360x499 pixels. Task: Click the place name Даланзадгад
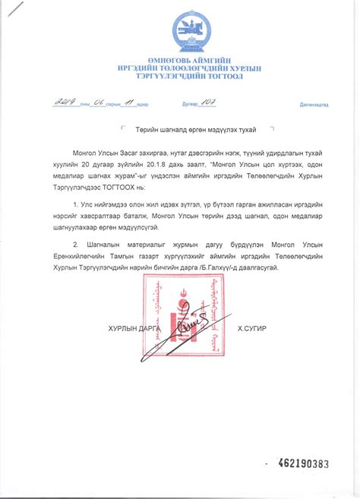click(x=314, y=104)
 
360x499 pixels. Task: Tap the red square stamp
click(x=183, y=316)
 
